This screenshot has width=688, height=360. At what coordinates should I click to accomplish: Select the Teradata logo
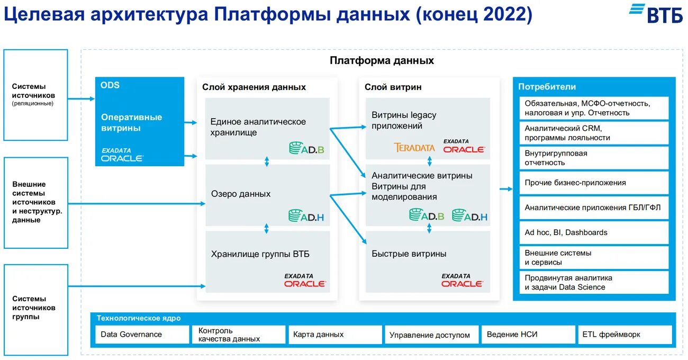(414, 148)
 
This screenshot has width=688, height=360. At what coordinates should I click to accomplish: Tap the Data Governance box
(142, 335)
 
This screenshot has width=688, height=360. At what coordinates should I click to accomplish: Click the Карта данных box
(334, 335)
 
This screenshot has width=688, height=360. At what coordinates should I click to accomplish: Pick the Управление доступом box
(431, 335)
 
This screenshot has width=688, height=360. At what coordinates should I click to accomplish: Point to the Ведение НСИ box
(527, 335)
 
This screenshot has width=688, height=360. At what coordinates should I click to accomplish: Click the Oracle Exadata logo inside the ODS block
(122, 155)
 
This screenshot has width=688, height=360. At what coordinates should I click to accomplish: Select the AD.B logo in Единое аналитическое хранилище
(306, 149)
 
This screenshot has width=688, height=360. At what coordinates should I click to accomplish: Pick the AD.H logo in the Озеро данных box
(306, 215)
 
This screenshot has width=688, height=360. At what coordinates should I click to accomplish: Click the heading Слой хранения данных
(254, 87)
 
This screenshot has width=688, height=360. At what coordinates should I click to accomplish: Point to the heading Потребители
(547, 87)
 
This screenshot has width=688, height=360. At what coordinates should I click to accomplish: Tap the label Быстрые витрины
(409, 254)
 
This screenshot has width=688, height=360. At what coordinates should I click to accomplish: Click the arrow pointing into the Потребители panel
(505, 188)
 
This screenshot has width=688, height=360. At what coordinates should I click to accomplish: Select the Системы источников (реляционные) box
(36, 95)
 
